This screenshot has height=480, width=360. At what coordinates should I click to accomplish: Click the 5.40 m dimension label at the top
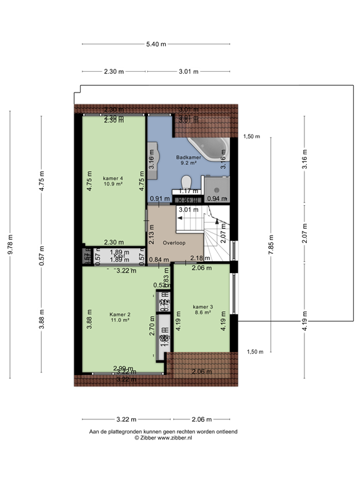tap(156, 44)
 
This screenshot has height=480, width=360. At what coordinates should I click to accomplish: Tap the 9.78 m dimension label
tap(10, 244)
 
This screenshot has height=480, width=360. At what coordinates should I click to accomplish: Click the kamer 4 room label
tap(113, 178)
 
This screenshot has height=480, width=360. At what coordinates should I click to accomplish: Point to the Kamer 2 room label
tap(119, 314)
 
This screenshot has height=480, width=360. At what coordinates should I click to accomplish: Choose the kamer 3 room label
tap(203, 307)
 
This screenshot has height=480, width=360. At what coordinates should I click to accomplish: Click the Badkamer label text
tap(188, 157)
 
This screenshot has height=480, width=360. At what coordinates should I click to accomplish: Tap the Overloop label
tap(174, 242)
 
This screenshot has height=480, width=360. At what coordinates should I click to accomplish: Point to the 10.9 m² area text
tap(113, 184)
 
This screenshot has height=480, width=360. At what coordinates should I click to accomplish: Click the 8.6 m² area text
tap(203, 313)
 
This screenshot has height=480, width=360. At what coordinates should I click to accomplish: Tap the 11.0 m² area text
tap(119, 320)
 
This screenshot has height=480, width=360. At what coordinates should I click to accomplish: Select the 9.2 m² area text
tap(188, 163)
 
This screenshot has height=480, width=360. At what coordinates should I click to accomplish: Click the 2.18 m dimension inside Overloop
tap(200, 259)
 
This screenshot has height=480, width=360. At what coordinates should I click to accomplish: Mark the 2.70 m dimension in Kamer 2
tap(152, 329)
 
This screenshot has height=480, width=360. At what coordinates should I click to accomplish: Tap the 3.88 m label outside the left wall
tap(41, 319)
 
